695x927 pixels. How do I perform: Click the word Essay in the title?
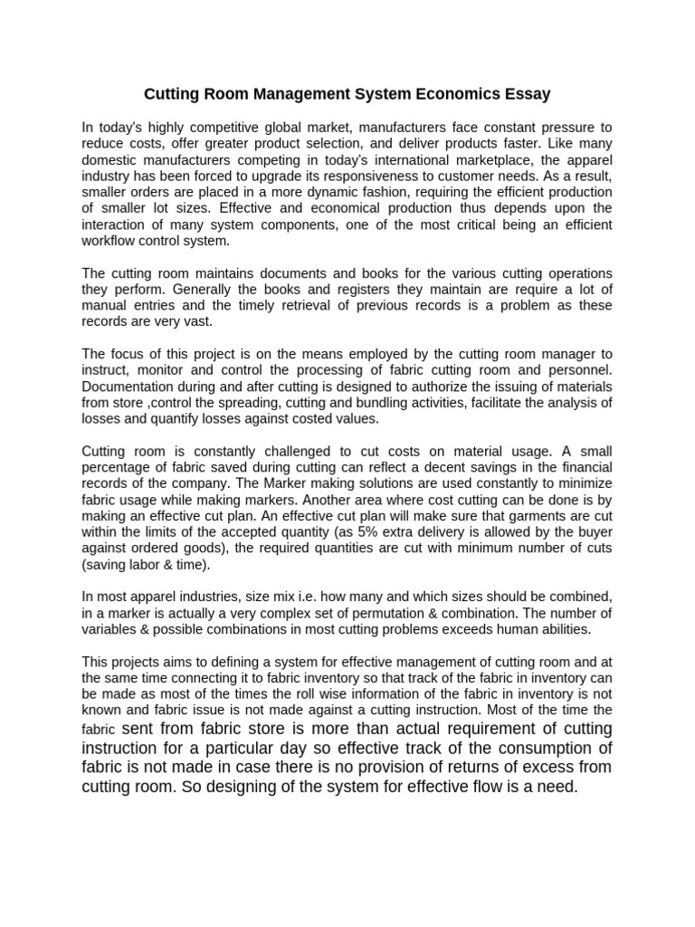[525, 93]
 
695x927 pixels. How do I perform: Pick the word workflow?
[109, 242]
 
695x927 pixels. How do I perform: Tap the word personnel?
[580, 370]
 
